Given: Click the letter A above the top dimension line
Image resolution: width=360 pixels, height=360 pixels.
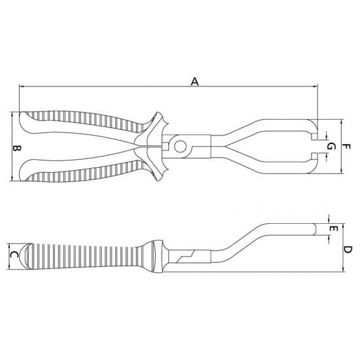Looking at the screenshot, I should click(x=194, y=82).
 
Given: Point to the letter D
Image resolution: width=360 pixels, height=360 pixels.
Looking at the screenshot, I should click(x=348, y=249).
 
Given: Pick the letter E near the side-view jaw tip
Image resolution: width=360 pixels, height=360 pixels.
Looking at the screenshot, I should click(x=333, y=229).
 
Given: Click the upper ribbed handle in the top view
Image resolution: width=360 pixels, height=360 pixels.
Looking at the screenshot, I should click(x=85, y=122).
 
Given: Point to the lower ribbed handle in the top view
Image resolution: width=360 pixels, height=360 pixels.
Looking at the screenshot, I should click(x=85, y=171).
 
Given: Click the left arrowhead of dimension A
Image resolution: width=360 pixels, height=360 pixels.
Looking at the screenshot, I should click(x=22, y=86).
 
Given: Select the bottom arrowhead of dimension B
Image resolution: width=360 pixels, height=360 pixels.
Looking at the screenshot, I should click(x=14, y=177).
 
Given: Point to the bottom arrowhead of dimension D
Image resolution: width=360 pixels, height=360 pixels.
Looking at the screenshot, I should click(x=342, y=270).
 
